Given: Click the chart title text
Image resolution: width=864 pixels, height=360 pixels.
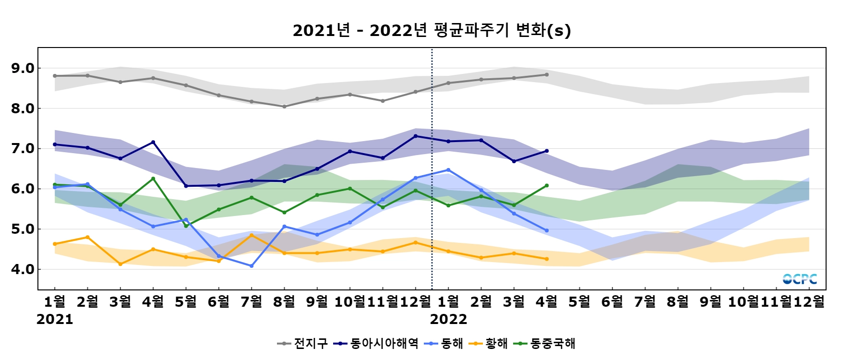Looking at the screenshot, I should (x=432, y=30).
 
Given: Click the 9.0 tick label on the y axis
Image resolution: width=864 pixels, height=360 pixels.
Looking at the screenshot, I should (x=23, y=68).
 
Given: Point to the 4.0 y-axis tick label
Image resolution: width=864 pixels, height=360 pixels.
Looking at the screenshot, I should (x=23, y=269).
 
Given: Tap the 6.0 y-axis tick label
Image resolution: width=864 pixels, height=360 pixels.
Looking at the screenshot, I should (x=23, y=189).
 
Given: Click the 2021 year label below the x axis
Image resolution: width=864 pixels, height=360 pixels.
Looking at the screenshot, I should (x=55, y=320).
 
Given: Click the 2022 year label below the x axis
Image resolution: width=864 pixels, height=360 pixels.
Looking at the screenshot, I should (x=448, y=320).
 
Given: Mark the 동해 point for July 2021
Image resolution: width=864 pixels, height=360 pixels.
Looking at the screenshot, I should (x=252, y=266).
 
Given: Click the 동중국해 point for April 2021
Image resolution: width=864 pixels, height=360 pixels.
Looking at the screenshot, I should (x=153, y=179).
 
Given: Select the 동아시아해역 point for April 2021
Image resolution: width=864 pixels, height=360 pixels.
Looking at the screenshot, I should (x=153, y=142).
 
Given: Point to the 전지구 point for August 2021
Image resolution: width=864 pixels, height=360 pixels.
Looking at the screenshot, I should (x=284, y=107).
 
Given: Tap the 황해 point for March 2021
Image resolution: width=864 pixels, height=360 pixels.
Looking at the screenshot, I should (x=120, y=264).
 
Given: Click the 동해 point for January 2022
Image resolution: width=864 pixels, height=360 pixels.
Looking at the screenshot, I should (x=448, y=170).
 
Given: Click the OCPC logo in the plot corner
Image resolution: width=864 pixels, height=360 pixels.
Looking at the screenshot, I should (x=800, y=279).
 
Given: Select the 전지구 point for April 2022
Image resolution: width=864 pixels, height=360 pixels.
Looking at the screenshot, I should (x=547, y=75).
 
